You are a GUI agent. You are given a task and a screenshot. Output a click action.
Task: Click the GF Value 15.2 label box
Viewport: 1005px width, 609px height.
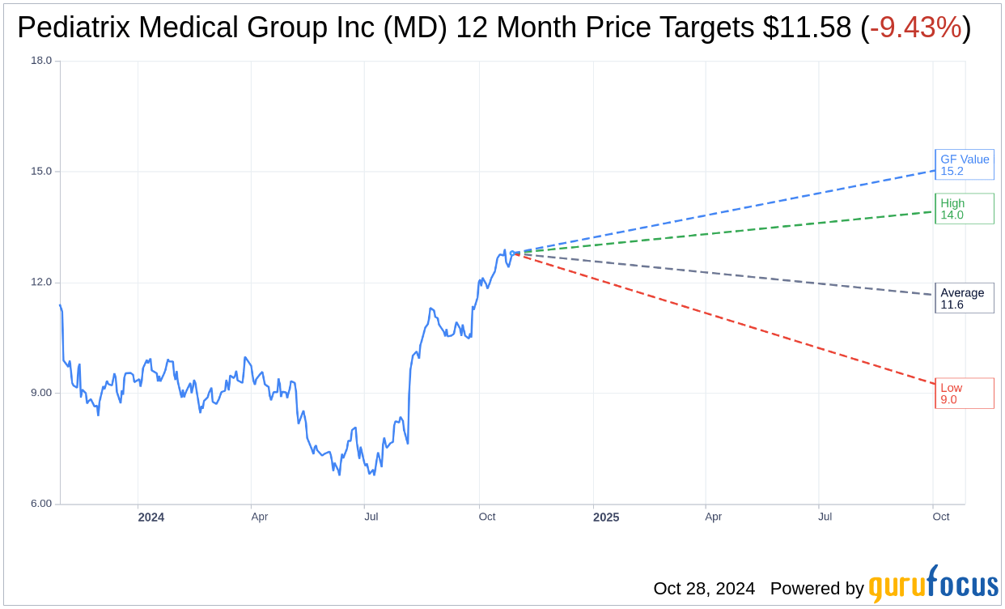[x=964, y=164]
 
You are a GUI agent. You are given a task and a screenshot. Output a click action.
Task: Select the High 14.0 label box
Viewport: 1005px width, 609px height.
[x=964, y=209]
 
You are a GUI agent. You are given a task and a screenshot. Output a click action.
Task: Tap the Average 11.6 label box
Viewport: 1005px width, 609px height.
[x=964, y=298]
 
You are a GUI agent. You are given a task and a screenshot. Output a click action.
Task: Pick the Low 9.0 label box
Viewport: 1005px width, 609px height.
[x=964, y=394]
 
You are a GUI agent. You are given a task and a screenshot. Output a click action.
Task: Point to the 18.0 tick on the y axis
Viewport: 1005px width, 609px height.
[x=40, y=61]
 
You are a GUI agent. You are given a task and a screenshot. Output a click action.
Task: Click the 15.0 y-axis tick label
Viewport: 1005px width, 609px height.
[x=40, y=172]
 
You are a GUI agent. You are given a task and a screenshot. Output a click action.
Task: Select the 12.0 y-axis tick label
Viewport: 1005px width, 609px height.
[x=40, y=283]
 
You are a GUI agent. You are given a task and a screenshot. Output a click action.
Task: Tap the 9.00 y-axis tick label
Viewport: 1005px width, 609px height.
[x=40, y=393]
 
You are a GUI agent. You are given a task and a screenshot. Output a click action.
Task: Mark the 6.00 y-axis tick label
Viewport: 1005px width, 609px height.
[x=40, y=504]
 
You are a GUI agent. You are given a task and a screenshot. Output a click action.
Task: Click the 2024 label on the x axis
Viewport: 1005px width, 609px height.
[x=151, y=517]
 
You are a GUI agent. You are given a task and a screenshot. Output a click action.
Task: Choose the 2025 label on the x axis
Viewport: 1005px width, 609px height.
[x=605, y=517]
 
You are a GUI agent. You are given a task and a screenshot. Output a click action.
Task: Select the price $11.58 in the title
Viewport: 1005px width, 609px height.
[x=807, y=28]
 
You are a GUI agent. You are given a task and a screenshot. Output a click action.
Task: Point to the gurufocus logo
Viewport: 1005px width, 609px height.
[x=933, y=585]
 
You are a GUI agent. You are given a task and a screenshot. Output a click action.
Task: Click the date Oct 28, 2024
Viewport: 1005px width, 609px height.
[x=704, y=589]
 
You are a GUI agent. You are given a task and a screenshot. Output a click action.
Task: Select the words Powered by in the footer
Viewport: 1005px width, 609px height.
[x=816, y=589]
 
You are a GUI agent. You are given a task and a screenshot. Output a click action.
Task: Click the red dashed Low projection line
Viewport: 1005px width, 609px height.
[x=728, y=320]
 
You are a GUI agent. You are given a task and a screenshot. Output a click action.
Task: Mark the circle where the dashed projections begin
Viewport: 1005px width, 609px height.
[x=512, y=253]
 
